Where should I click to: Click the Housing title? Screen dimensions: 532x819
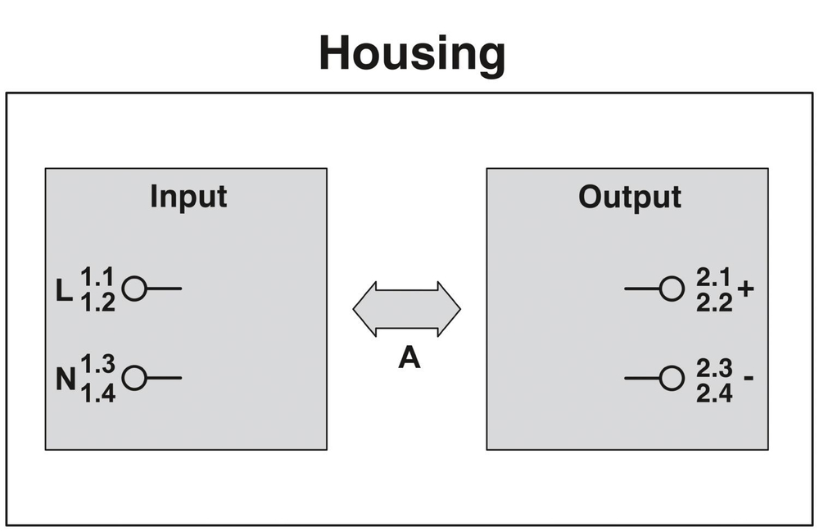pyautogui.click(x=412, y=54)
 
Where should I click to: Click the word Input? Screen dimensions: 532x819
pyautogui.click(x=188, y=197)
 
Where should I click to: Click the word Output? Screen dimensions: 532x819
pyautogui.click(x=629, y=197)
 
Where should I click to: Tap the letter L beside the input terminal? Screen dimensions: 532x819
pyautogui.click(x=65, y=290)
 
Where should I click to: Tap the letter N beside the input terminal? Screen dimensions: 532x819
pyautogui.click(x=66, y=380)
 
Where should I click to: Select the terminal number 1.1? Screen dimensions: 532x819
pyautogui.click(x=97, y=279)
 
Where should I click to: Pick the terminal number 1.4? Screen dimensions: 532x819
pyautogui.click(x=97, y=391)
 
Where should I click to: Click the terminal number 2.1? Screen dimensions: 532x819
pyautogui.click(x=714, y=279)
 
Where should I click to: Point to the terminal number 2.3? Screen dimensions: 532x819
pyautogui.click(x=714, y=368)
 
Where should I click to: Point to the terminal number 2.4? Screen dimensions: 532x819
pyautogui.click(x=714, y=391)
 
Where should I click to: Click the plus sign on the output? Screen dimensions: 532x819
pyautogui.click(x=745, y=289)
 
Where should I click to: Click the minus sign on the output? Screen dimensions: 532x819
pyautogui.click(x=749, y=379)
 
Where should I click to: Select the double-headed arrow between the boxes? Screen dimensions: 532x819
pyautogui.click(x=407, y=309)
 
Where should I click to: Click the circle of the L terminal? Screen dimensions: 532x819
pyautogui.click(x=134, y=289)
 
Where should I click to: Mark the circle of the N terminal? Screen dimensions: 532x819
pyautogui.click(x=134, y=378)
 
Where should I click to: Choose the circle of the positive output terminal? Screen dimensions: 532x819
pyautogui.click(x=672, y=289)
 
